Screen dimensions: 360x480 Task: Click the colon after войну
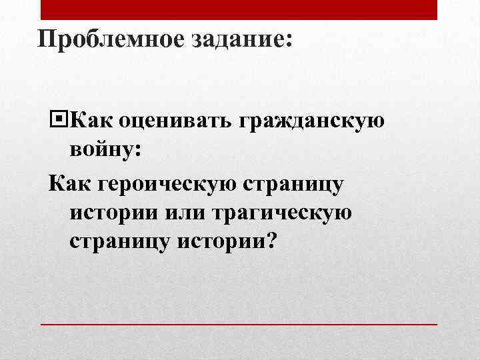pos(138,153)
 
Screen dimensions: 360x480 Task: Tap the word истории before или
pos(109,213)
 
